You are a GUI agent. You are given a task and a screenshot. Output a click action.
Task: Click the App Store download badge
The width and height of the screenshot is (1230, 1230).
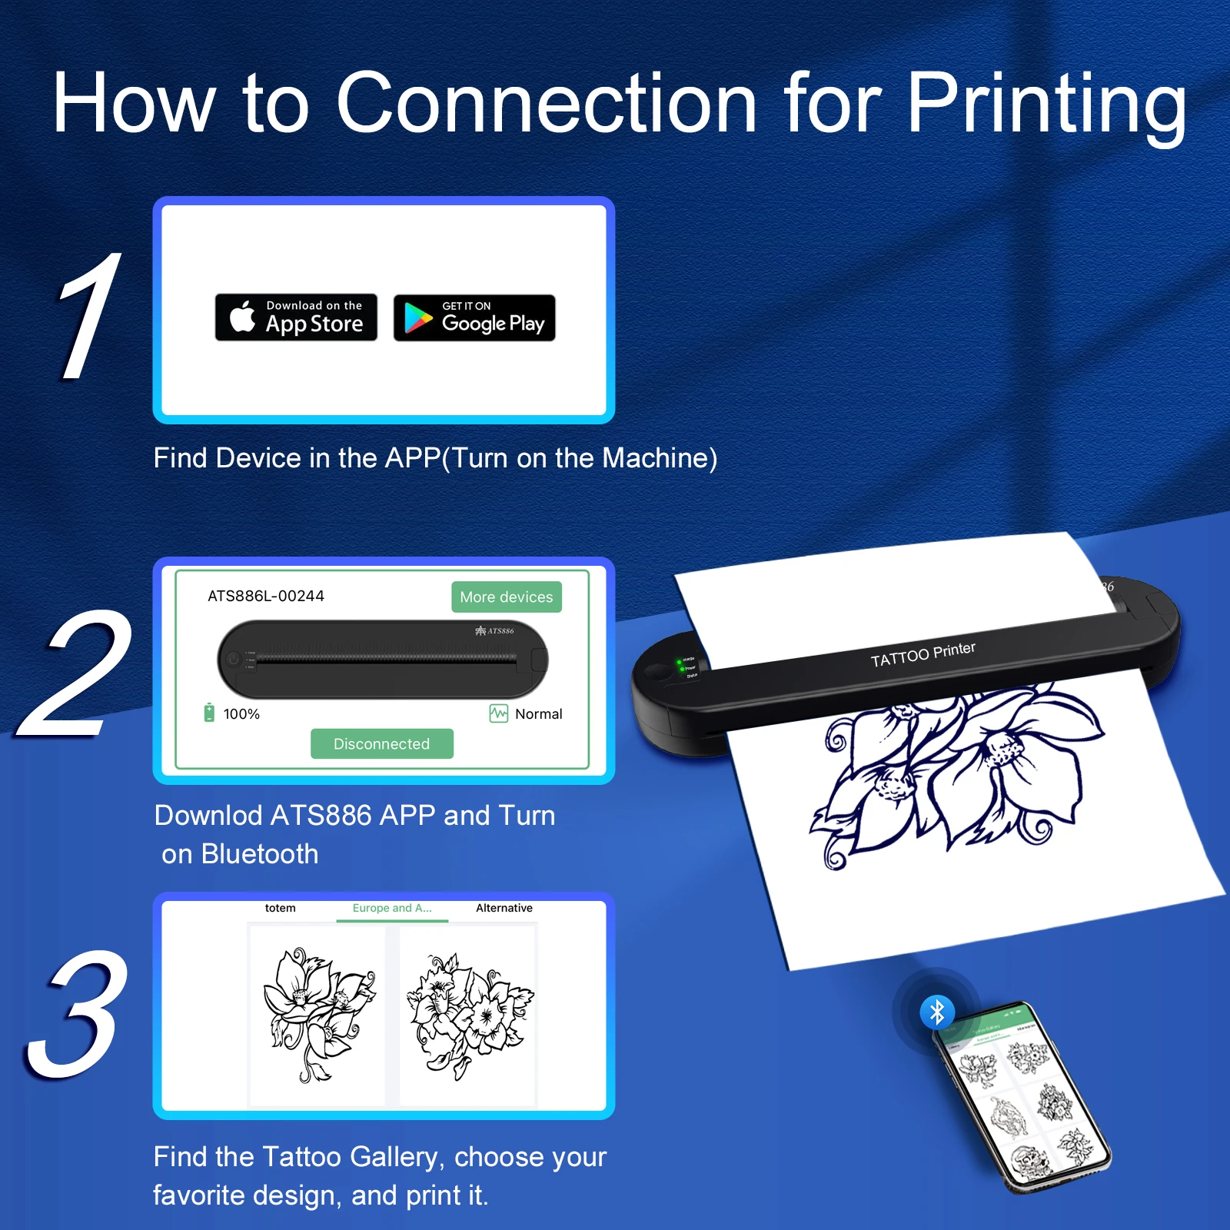296,317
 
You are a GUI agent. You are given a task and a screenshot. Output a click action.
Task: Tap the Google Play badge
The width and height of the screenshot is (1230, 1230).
474,317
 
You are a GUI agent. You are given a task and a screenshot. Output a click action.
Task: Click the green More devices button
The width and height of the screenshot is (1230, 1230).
506,597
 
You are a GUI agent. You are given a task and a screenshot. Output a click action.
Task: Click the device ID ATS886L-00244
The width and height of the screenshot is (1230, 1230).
266,596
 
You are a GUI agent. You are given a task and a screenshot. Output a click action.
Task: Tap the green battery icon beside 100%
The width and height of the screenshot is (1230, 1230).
209,713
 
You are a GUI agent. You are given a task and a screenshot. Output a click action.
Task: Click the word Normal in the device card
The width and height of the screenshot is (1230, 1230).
538,714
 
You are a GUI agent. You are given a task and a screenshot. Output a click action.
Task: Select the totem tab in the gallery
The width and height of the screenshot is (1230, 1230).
280,908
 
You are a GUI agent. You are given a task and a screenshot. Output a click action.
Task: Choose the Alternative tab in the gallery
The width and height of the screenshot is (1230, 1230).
504,908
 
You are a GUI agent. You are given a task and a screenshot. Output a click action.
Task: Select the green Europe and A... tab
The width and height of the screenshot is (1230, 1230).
392,908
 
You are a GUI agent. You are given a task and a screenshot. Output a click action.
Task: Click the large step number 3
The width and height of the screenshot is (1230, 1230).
77,1015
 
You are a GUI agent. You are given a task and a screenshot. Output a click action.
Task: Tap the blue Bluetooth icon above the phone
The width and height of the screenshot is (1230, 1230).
937,1012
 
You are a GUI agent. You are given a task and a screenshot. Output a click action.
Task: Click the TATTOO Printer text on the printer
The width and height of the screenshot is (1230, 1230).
922,654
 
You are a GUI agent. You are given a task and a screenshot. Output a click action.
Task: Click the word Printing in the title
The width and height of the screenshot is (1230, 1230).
1046,104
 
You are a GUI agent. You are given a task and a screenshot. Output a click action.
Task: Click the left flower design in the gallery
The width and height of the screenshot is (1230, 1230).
317,1015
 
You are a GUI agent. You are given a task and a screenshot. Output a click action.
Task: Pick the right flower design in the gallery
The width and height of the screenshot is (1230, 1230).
467,1015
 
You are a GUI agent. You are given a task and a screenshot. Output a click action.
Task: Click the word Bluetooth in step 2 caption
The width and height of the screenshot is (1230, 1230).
260,854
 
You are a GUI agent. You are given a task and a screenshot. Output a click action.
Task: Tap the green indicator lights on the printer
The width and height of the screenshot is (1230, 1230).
680,665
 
